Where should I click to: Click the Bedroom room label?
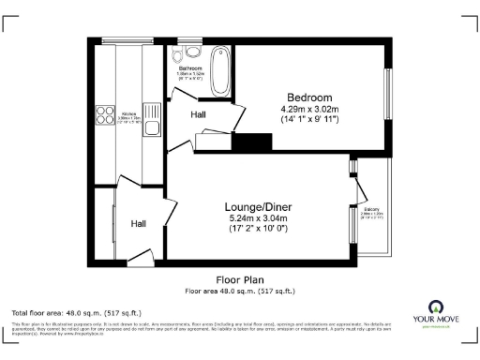coord(309,97)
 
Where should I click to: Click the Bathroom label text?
coord(190,68)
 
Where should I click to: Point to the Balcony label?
coord(373,211)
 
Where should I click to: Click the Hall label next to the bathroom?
coord(199,114)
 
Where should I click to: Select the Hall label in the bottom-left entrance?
coord(139,224)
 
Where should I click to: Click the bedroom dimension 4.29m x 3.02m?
coord(309,110)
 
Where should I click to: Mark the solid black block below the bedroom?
coord(250,142)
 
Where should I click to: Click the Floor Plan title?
coord(241,279)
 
